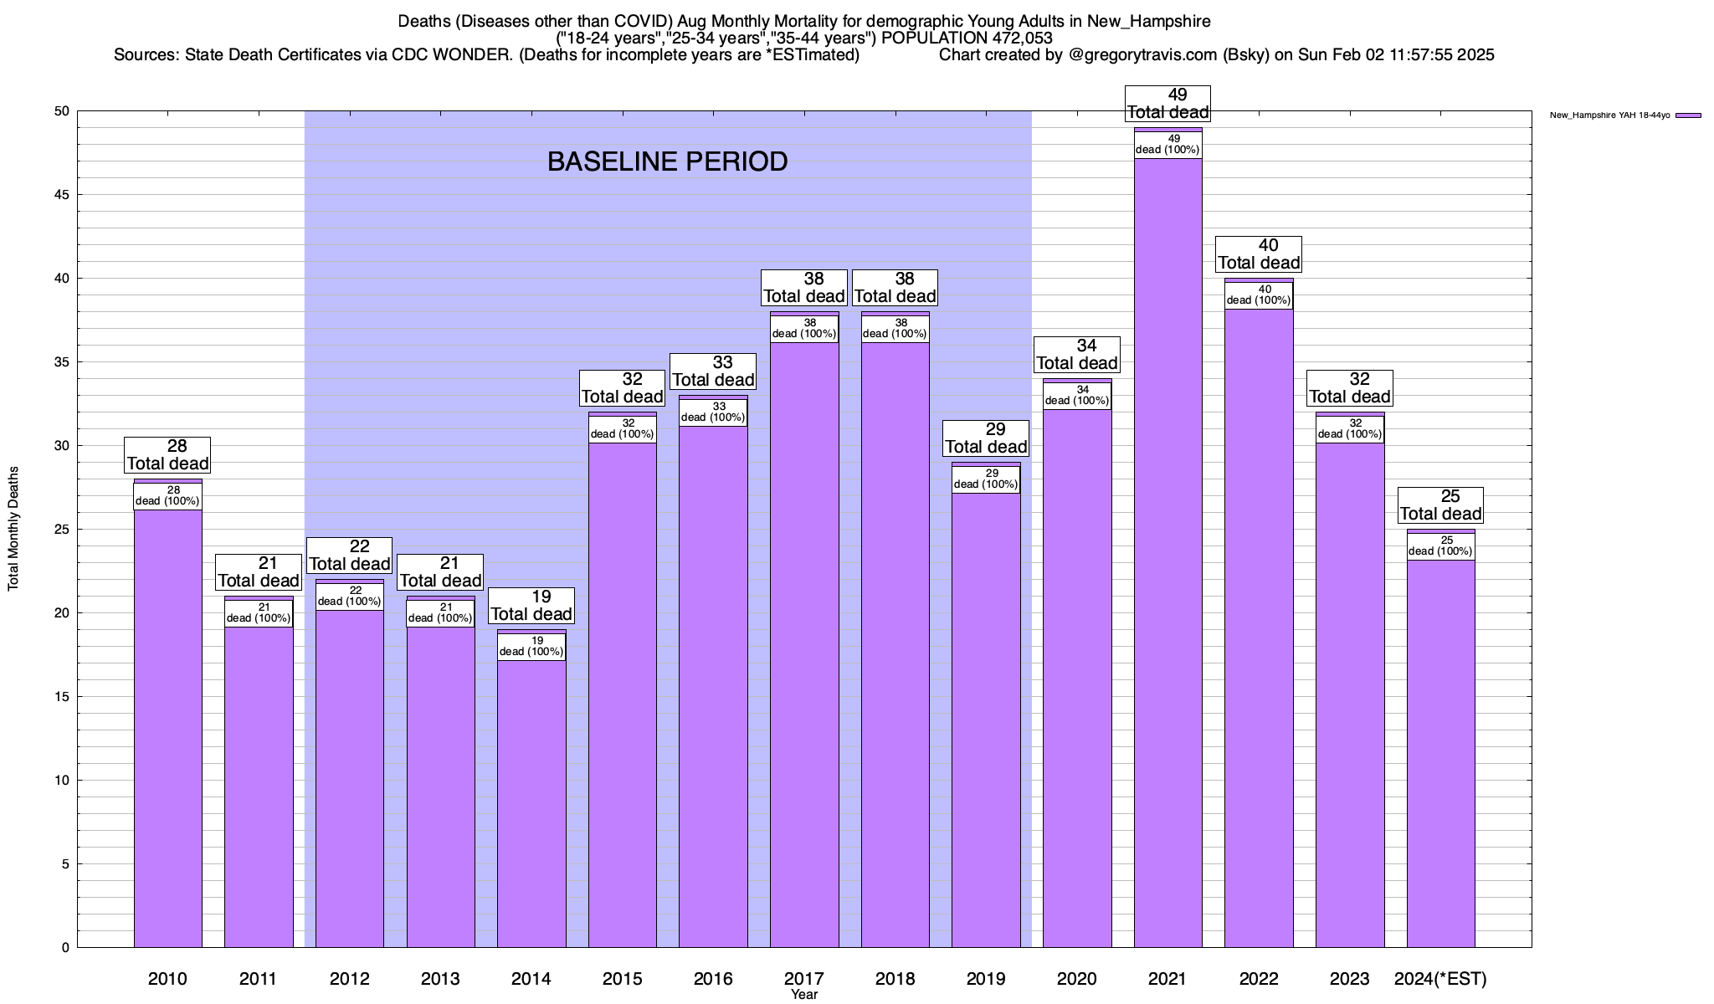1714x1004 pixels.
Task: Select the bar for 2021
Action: coord(1167,552)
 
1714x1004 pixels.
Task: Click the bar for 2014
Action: coord(531,803)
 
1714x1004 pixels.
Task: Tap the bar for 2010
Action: coord(167,728)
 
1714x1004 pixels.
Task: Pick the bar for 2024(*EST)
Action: coord(1440,753)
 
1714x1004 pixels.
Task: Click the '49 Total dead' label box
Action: coord(1167,104)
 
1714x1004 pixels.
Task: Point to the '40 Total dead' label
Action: coord(1259,254)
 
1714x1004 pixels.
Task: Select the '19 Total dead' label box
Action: coord(531,606)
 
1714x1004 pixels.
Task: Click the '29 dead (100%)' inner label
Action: coord(986,479)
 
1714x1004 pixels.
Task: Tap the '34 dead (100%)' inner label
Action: coord(1077,396)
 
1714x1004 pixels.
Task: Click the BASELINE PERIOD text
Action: coord(667,161)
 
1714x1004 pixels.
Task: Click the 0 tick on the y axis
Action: coord(64,948)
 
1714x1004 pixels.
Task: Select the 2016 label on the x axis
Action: coord(713,979)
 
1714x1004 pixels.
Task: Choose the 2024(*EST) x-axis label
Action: coord(1440,979)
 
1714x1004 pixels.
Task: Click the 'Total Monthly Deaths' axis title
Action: coord(13,530)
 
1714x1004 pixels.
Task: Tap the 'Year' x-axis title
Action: coord(804,995)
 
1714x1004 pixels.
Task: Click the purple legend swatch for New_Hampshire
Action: coord(1689,115)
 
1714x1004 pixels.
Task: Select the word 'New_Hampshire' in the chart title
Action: coord(1148,21)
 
